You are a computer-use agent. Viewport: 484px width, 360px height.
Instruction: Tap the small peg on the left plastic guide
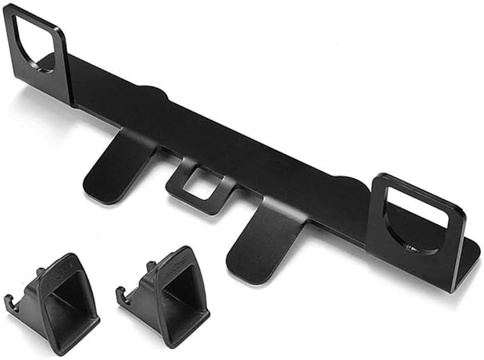(40, 272)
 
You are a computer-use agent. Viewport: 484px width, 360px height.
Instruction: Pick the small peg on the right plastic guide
(150, 266)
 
